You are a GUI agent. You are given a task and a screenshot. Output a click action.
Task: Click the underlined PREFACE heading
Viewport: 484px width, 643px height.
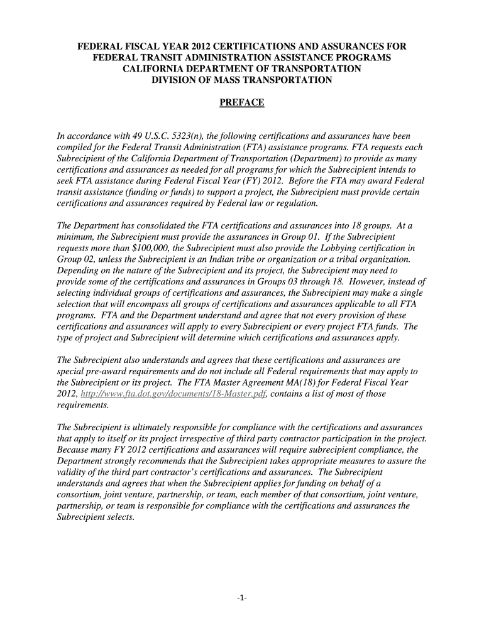[x=242, y=103]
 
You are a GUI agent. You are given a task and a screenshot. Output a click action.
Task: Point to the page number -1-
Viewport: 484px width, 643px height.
[x=242, y=598]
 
